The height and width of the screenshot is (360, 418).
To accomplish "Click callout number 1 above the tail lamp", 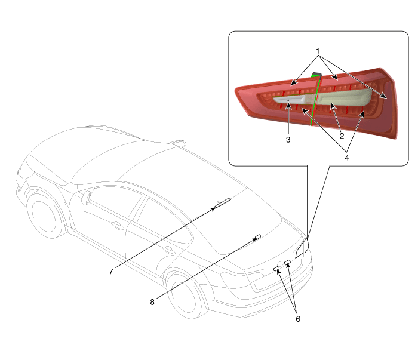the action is pos(318,51).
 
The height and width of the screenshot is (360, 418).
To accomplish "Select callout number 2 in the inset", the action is pos(342,136).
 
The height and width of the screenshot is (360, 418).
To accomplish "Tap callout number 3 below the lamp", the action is pos(288,140).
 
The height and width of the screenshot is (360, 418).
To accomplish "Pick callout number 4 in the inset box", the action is pos(346,158).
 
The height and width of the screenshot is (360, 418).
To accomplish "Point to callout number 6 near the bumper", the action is pos(298,319).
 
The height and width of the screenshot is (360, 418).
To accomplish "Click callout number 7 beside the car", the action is pos(111,271).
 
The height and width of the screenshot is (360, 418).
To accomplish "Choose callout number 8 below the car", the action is pos(152,302).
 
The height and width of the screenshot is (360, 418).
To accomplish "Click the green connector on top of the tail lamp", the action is pos(316,75).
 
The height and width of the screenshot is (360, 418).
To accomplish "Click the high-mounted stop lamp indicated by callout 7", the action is pos(222,203).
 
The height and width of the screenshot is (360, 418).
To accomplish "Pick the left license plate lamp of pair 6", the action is pos(276,269).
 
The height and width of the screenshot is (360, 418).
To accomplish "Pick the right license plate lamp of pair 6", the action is pos(287,262).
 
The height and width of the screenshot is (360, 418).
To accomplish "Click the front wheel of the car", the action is pos(45,213).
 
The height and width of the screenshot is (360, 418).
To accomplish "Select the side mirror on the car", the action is pos(86,197).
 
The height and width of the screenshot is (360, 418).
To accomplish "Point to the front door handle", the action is pos(117,226).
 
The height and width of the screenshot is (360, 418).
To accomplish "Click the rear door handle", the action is pos(168,250).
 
